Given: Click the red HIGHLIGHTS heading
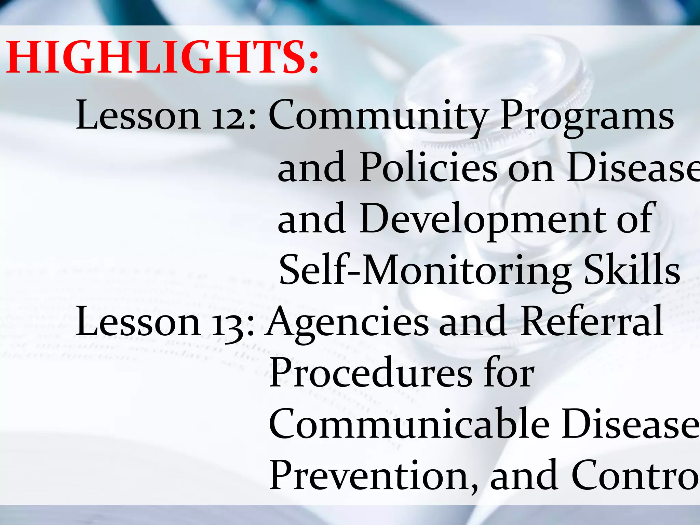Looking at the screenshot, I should (x=162, y=57).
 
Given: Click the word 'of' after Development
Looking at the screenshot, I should (x=636, y=219).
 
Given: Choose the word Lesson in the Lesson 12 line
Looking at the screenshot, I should (x=138, y=116).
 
